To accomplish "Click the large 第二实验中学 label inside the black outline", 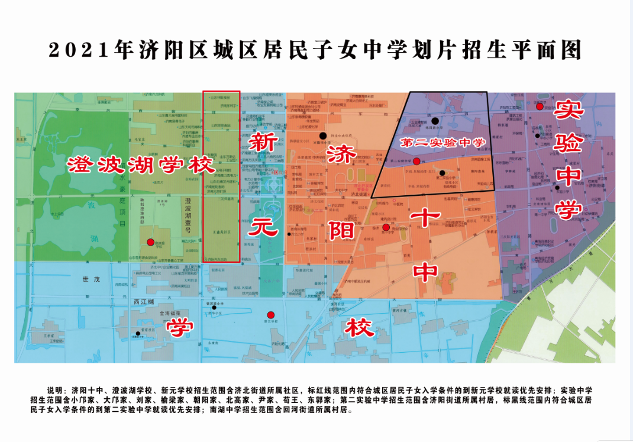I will pyautogui.click(x=443, y=143).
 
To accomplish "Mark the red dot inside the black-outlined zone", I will pyautogui.click(x=416, y=161).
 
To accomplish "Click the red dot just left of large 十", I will pyautogui.click(x=386, y=228).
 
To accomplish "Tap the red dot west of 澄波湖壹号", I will pyautogui.click(x=150, y=242).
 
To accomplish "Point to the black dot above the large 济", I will pyautogui.click(x=322, y=135).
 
